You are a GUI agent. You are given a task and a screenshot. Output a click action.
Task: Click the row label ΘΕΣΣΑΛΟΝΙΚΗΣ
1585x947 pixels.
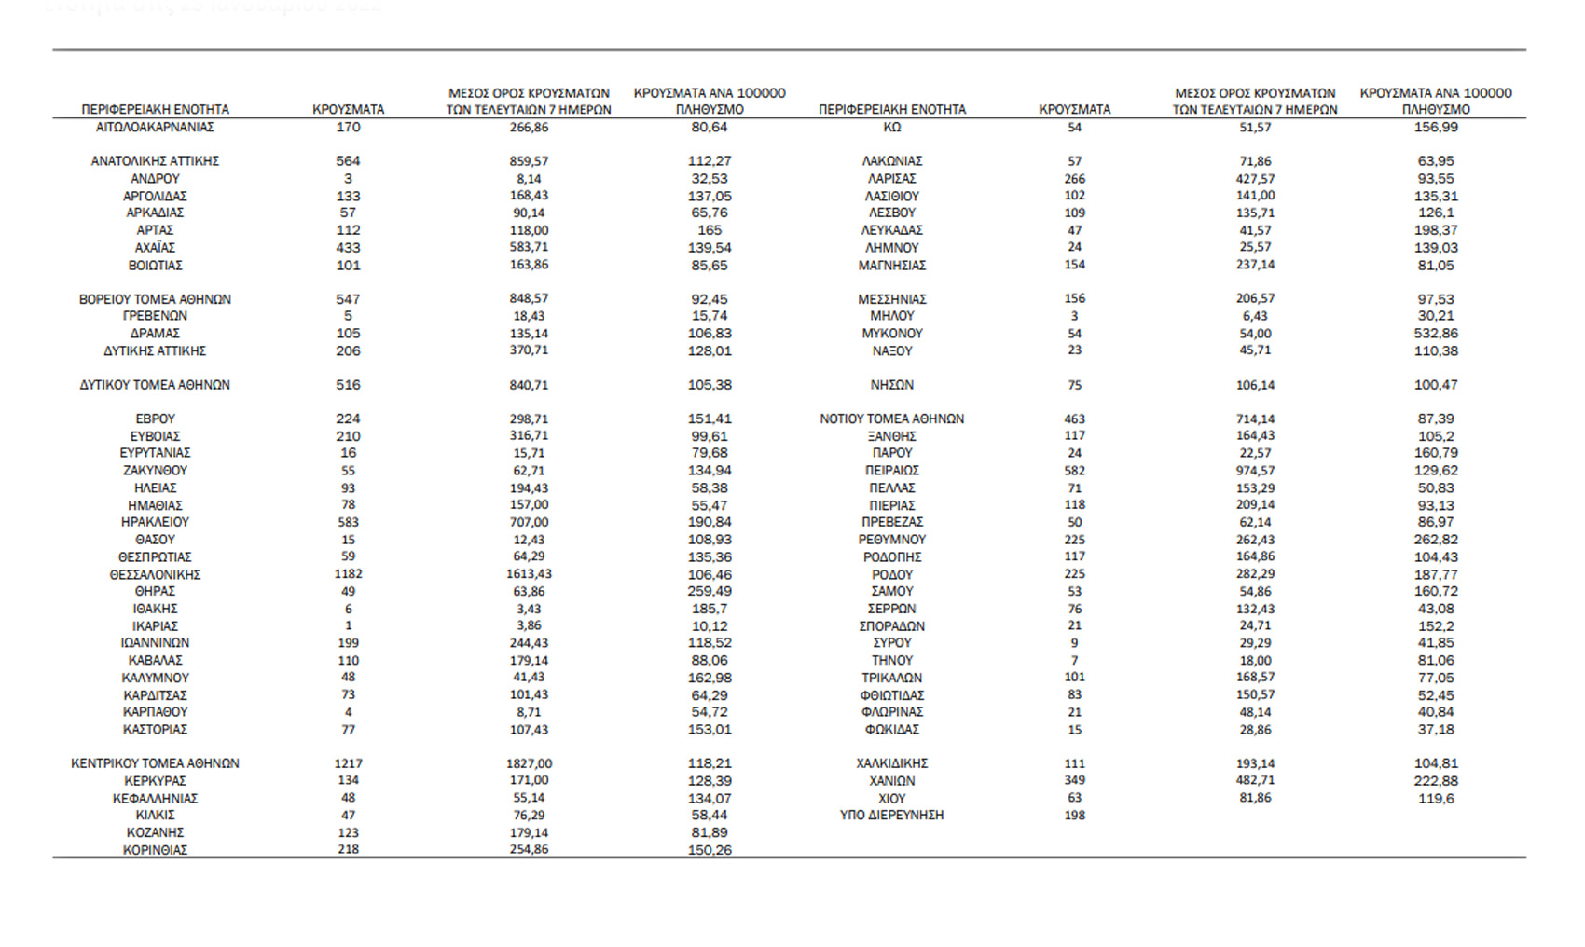[155, 574]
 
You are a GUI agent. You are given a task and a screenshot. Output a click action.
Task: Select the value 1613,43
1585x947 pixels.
[529, 574]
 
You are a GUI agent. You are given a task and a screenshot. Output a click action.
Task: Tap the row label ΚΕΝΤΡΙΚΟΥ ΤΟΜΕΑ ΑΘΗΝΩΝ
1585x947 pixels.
[155, 763]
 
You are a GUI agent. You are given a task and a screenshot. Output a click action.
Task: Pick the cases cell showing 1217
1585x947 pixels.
[348, 763]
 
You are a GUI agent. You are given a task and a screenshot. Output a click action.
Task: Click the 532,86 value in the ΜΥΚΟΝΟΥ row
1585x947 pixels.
[1436, 333]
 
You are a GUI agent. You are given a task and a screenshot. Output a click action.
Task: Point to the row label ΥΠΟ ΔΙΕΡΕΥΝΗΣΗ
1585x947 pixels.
[891, 815]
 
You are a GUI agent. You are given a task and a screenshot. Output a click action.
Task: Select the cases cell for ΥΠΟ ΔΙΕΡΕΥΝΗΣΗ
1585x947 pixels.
[1074, 815]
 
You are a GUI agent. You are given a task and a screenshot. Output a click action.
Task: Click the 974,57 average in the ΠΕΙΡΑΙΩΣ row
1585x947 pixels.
[1255, 471]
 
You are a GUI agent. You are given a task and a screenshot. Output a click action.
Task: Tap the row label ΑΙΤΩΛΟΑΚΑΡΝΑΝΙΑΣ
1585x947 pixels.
[155, 127]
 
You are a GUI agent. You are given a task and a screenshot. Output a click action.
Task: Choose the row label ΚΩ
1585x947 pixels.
[891, 127]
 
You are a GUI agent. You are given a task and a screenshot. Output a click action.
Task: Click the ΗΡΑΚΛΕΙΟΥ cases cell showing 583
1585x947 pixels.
[348, 522]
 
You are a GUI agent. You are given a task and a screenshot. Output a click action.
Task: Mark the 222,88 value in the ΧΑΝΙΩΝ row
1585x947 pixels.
[1436, 781]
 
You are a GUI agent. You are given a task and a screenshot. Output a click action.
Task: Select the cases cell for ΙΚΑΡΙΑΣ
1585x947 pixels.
[348, 625]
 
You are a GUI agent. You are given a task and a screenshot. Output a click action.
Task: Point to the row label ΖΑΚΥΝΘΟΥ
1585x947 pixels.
[155, 471]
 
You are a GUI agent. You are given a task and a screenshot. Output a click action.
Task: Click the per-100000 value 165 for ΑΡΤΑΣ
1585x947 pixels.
[710, 230]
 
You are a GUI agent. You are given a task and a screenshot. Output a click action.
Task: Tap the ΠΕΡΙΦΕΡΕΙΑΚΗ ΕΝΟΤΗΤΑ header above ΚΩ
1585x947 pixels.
[891, 109]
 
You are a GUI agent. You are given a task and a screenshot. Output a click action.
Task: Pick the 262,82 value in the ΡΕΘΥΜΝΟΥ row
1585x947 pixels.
[1436, 540]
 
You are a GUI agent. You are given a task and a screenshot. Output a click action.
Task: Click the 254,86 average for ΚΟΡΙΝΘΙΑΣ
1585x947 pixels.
[529, 850]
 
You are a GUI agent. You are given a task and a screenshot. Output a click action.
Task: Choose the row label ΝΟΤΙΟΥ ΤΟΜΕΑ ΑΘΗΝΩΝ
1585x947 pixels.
[891, 419]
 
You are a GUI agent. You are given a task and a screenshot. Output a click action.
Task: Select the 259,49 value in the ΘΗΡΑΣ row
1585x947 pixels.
[710, 591]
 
